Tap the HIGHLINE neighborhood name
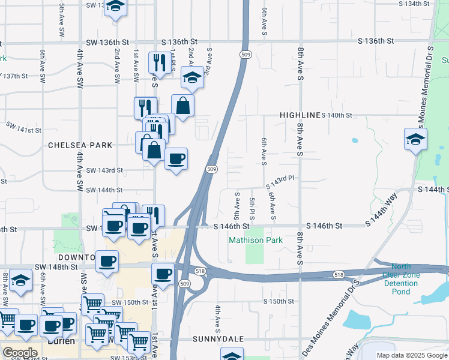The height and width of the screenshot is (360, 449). click(300, 115)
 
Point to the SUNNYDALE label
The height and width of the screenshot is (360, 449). click(218, 339)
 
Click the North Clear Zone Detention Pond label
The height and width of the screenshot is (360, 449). click(402, 279)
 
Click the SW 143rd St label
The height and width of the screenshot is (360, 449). click(104, 170)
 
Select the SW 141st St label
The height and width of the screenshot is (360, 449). click(24, 128)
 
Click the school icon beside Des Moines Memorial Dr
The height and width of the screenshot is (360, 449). click(415, 139)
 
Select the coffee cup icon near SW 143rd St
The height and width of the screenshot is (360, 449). click(176, 159)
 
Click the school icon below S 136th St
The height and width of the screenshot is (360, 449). click(193, 77)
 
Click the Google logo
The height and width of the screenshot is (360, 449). click(20, 353)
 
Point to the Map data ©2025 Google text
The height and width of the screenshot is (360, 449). click(411, 355)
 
